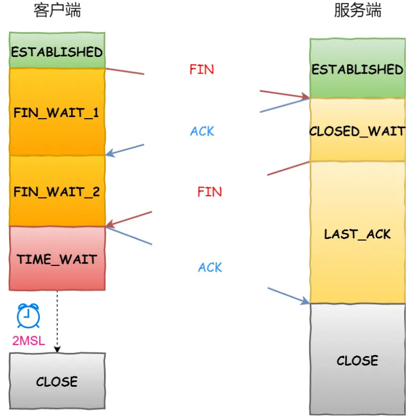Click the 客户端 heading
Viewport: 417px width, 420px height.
coord(57,11)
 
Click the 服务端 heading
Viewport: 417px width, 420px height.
coord(357,11)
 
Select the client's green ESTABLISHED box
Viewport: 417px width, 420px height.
coord(57,52)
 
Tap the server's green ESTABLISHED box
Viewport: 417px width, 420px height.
coord(357,69)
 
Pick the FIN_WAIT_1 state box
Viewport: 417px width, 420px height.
coord(57,113)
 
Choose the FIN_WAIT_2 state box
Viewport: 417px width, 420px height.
coord(57,192)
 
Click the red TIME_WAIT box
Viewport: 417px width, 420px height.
coord(57,259)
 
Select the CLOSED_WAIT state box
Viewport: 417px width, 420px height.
coord(357,131)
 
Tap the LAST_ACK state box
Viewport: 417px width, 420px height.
coord(357,234)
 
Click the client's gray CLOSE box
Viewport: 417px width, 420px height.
coord(57,382)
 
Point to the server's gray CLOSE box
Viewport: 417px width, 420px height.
coord(357,360)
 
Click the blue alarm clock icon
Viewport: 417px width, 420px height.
coord(28,316)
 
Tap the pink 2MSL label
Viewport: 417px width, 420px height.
coord(28,341)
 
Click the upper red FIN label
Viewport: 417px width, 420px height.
coord(202,69)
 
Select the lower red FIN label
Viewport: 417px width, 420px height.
coord(209,192)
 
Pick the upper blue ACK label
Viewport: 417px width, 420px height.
coord(202,131)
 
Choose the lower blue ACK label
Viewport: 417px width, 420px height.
coord(210,267)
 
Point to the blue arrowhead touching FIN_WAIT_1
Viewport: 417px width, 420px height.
coord(110,154)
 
